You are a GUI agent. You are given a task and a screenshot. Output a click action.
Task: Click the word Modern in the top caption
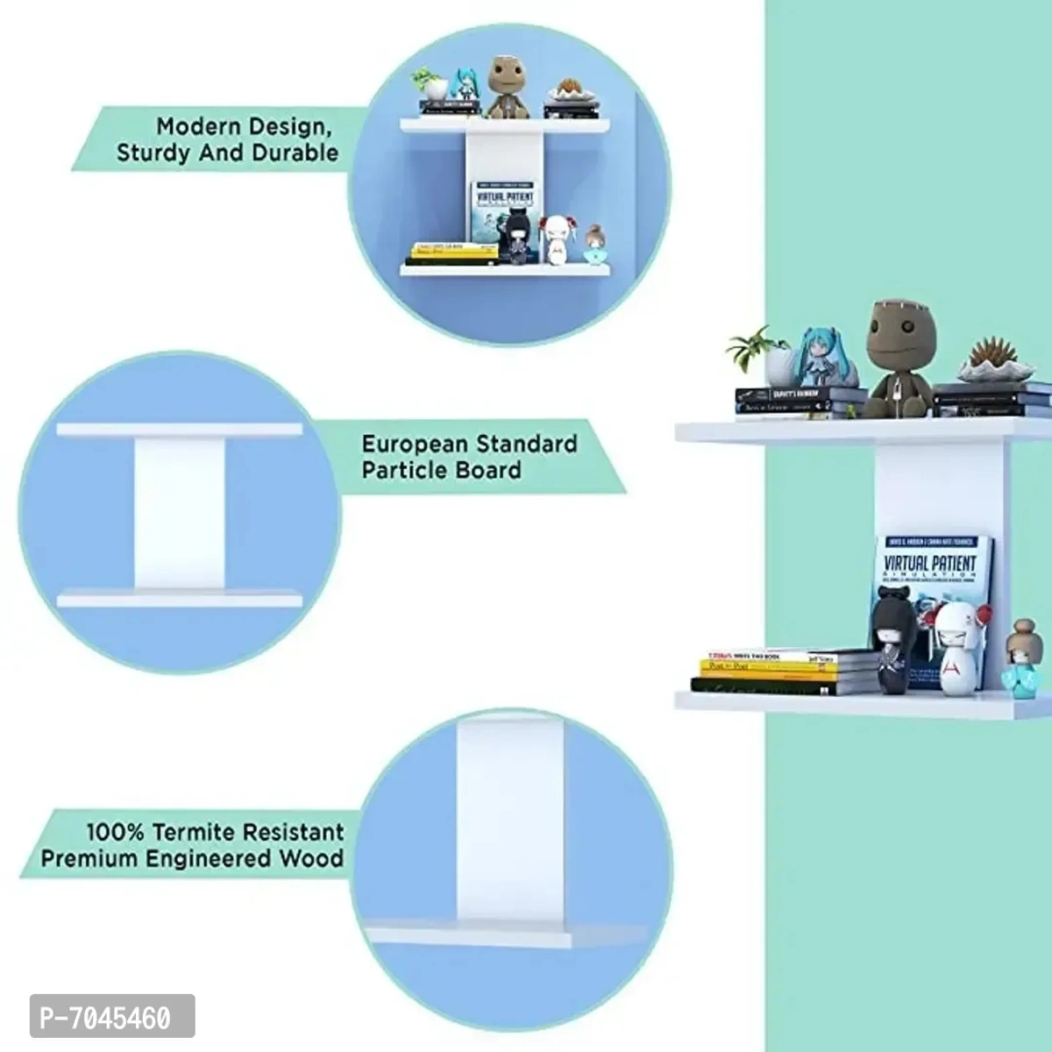[x=199, y=127]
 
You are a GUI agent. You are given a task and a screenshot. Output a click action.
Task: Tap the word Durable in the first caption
[x=295, y=153]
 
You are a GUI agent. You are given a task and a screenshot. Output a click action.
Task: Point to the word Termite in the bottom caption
[x=194, y=832]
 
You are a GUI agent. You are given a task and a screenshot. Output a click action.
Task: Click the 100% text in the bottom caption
[x=115, y=832]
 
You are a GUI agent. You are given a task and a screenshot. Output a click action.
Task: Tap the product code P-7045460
[x=106, y=1019]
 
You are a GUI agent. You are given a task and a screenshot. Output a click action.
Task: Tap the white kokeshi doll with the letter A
[x=954, y=650]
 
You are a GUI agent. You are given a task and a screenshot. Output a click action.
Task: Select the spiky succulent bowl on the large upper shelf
[x=991, y=359]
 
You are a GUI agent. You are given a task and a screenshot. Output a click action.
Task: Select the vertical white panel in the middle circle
[x=180, y=513]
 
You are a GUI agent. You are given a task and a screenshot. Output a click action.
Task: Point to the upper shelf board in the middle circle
[x=179, y=430]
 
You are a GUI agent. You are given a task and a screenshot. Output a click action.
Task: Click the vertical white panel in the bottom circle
[x=509, y=824]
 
